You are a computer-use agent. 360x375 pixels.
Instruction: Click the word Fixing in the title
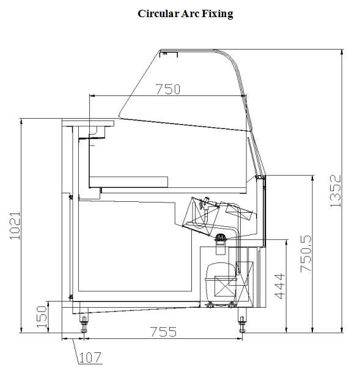[x=217, y=13]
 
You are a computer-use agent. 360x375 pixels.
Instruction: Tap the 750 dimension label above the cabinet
[x=167, y=89]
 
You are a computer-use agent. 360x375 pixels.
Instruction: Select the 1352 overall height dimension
[x=335, y=191]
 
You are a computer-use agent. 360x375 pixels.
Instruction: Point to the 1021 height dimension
[x=15, y=225]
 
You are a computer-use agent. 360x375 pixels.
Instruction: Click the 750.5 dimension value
[x=306, y=254]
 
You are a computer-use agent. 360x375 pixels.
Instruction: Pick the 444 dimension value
[x=280, y=286]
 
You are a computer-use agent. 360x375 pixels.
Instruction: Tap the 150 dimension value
[x=42, y=317]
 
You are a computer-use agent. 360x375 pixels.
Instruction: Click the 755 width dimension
[x=163, y=332]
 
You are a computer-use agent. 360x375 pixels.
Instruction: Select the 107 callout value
[x=90, y=357]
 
